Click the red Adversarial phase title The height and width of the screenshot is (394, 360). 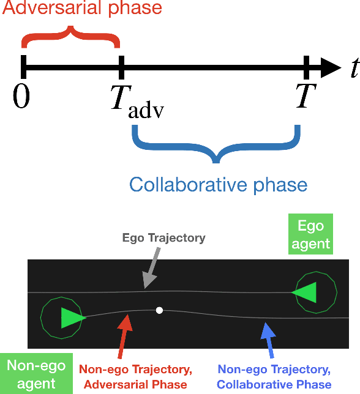pos(81,9)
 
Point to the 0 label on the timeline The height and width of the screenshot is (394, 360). pos(21,97)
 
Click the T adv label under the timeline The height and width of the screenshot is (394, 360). pos(138,102)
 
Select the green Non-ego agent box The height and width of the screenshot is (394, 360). pos(30,374)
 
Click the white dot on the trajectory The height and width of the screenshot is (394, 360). pos(159,310)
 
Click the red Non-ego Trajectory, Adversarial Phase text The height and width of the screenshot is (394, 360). pos(133,377)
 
